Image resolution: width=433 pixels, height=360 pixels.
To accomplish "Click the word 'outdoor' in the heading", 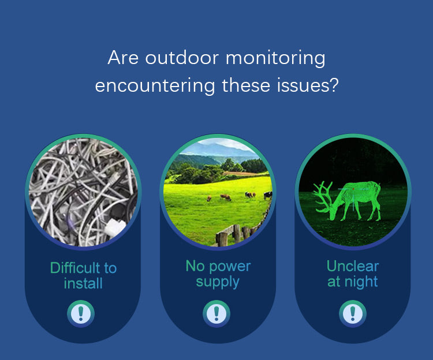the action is (182, 58).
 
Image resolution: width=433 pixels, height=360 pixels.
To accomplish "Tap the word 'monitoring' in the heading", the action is (275, 58).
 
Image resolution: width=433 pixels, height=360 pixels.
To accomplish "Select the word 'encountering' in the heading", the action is (155, 85).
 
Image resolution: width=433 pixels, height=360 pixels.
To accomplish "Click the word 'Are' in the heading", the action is (123, 58).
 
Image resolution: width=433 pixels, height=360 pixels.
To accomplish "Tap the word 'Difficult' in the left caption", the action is (75, 268).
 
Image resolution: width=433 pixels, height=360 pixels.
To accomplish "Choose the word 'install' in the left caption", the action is (83, 283).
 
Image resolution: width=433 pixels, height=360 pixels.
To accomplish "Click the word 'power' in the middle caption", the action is (230, 267).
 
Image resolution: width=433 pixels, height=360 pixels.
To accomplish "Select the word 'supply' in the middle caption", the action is (218, 283).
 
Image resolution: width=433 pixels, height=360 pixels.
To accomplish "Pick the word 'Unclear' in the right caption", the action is (353, 266).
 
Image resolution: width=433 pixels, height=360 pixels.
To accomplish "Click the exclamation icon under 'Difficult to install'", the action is (81, 314).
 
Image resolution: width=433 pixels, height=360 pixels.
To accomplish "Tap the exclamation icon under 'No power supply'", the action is (216, 314).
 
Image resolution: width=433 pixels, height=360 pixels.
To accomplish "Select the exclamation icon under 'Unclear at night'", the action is (353, 314).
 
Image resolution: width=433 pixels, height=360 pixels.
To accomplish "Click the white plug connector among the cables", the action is (115, 227).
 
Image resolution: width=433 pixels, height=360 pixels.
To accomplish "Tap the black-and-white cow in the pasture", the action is (268, 196).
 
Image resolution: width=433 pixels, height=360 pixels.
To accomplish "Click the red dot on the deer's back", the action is (353, 189).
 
